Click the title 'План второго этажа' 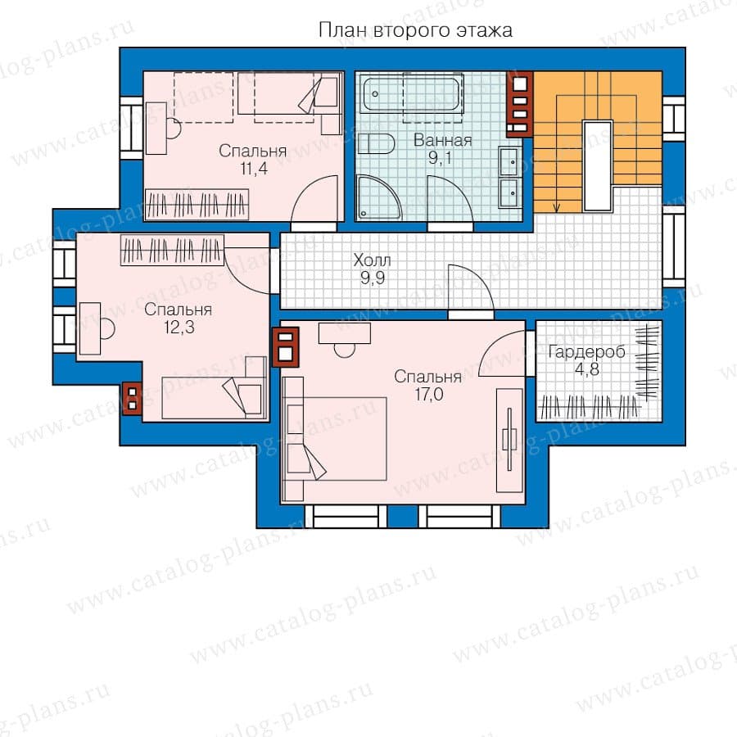pyautogui.click(x=415, y=30)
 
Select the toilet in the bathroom pyautogui.click(x=376, y=143)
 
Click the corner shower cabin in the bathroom pyautogui.click(x=379, y=197)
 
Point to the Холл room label pyautogui.click(x=373, y=260)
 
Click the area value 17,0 pyautogui.click(x=428, y=395)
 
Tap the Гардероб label pyautogui.click(x=586, y=352)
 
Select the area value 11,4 pyautogui.click(x=254, y=168)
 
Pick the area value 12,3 pyautogui.click(x=179, y=327)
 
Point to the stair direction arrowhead pyautogui.click(x=557, y=208)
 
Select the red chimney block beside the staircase pyautogui.click(x=519, y=104)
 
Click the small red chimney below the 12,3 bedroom pyautogui.click(x=132, y=399)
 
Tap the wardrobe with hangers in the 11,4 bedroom pyautogui.click(x=197, y=205)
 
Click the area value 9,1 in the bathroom pyautogui.click(x=440, y=158)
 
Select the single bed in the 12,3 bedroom pyautogui.click(x=214, y=397)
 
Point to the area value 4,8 pyautogui.click(x=587, y=369)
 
